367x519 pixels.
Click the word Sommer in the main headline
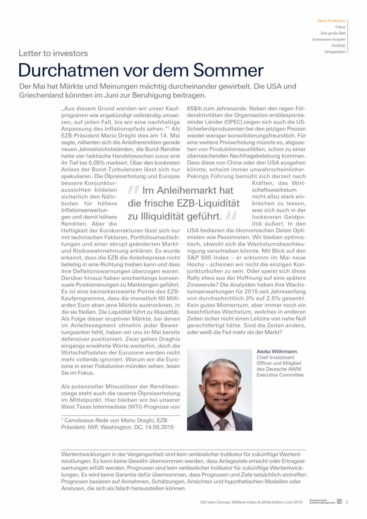pos(228,70)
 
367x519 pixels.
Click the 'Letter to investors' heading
pos(53,53)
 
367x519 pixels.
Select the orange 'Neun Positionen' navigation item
pos(331,21)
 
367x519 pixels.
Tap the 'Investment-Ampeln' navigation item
pos(329,39)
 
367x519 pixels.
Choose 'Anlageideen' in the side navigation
pos(335,52)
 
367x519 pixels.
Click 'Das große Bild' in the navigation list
pos(333,33)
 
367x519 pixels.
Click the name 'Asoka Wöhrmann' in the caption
pos(277,351)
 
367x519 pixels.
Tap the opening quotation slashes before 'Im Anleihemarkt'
pos(133,190)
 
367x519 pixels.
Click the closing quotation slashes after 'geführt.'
pos(231,216)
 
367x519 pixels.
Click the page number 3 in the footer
pos(346,502)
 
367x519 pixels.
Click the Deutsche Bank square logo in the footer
pos(339,502)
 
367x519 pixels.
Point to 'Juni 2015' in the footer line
pos(294,502)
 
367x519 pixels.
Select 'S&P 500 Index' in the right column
pos(208,258)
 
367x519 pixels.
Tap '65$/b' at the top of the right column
pos(195,108)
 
